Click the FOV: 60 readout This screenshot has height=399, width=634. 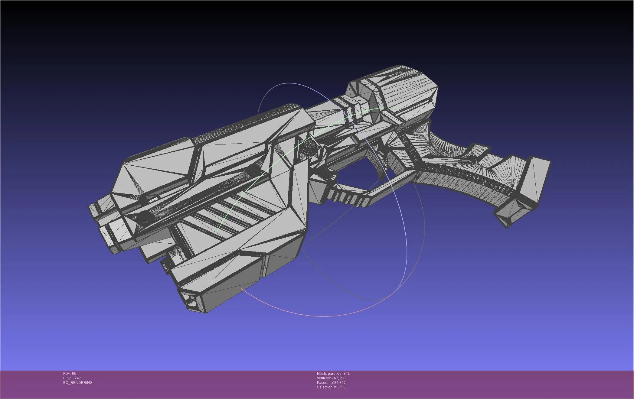70,374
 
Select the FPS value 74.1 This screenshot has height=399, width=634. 78,378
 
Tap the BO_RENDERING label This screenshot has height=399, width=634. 78,383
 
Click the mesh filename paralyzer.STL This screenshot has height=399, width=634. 338,374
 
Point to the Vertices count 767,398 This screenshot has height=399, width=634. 338,378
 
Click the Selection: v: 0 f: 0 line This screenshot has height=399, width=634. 331,387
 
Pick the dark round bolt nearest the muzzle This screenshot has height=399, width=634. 145,217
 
